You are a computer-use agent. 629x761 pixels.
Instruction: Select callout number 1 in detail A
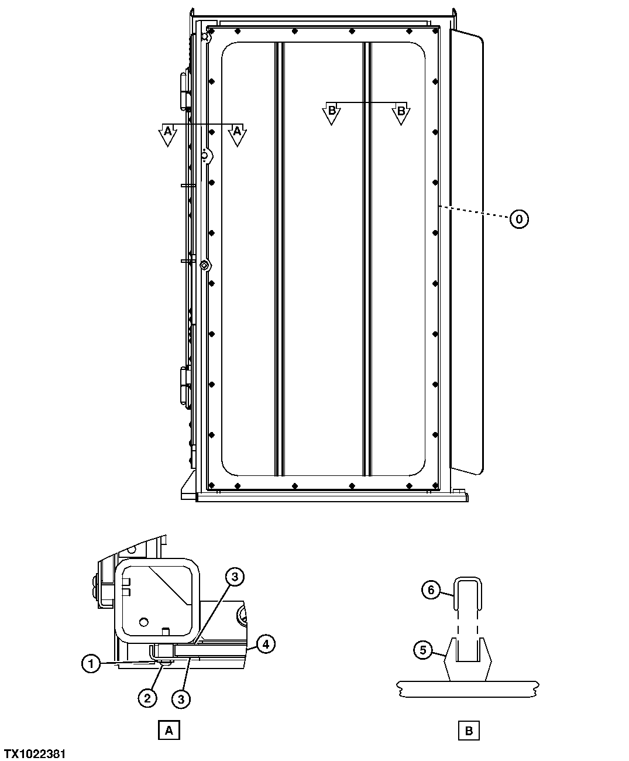(x=90, y=664)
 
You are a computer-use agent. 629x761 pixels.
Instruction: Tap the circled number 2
(x=147, y=697)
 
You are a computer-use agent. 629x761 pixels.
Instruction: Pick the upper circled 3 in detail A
(x=233, y=577)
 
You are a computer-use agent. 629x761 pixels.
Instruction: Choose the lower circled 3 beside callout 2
(x=181, y=698)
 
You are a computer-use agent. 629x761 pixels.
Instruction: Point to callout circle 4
(x=266, y=645)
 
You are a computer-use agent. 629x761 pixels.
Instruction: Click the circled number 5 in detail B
(x=423, y=649)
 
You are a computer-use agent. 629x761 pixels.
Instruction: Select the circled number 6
(x=431, y=589)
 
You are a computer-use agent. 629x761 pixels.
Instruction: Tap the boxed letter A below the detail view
(x=169, y=730)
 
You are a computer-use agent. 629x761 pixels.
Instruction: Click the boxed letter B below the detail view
(x=469, y=730)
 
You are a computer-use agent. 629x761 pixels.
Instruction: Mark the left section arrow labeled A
(x=167, y=134)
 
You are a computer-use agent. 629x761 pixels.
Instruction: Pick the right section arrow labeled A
(x=237, y=134)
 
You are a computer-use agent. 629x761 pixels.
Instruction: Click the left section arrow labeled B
(x=331, y=112)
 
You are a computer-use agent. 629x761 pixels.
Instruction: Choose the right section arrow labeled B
(x=401, y=112)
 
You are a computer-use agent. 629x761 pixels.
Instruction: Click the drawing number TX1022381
(x=35, y=753)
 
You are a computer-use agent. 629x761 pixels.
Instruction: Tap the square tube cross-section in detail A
(x=156, y=600)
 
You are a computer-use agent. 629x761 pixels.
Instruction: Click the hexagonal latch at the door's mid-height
(x=204, y=265)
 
